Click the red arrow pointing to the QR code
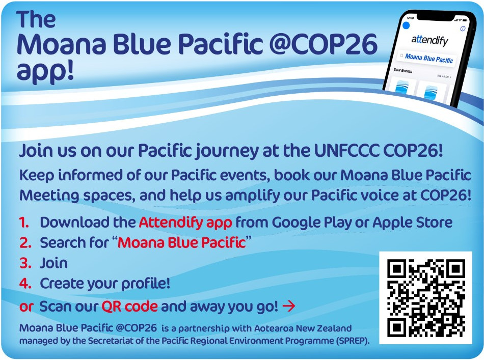pyautogui.click(x=288, y=306)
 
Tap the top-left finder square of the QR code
pyautogui.click(x=397, y=269)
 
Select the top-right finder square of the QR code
pyautogui.click(x=455, y=269)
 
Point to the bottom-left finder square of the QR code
pyautogui.click(x=397, y=327)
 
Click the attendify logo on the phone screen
pyautogui.click(x=429, y=40)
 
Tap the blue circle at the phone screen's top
pyautogui.click(x=406, y=25)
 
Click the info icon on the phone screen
pyautogui.click(x=463, y=29)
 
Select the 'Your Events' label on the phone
pyautogui.click(x=403, y=70)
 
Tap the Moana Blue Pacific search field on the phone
pyautogui.click(x=426, y=58)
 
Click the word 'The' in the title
pyautogui.click(x=36, y=19)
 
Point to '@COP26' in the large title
pyautogui.click(x=324, y=44)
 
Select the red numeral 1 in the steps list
pyautogui.click(x=24, y=223)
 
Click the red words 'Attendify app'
pyautogui.click(x=185, y=223)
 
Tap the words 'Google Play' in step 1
pyautogui.click(x=312, y=223)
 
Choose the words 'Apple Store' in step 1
pyautogui.click(x=412, y=223)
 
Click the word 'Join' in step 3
pyautogui.click(x=53, y=263)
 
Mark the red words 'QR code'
pyautogui.click(x=129, y=307)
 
